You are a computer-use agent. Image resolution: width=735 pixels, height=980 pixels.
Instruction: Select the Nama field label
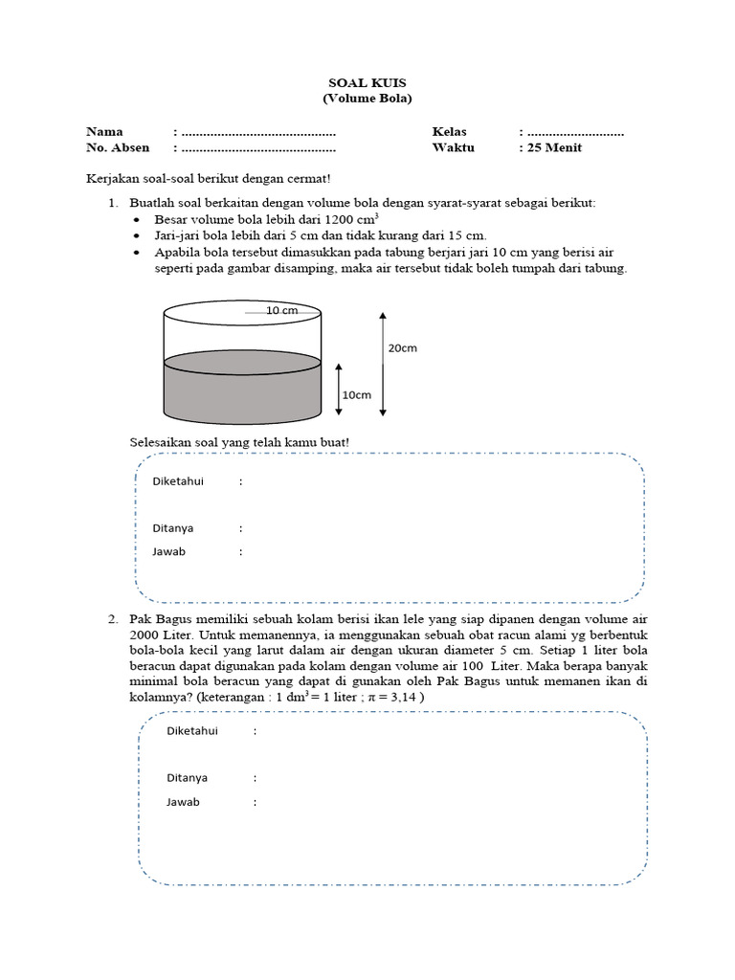click(x=105, y=131)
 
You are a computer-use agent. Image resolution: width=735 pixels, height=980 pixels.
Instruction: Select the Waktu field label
click(x=453, y=147)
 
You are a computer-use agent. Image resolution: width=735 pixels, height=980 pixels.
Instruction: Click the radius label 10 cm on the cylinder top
click(x=281, y=311)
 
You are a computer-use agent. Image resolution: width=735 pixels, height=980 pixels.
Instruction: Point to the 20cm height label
click(x=402, y=348)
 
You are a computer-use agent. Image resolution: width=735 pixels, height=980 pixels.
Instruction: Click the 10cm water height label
click(x=357, y=395)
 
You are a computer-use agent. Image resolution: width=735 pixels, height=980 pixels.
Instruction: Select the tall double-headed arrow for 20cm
click(x=383, y=364)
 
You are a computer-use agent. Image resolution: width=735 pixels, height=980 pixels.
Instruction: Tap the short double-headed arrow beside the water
click(x=339, y=389)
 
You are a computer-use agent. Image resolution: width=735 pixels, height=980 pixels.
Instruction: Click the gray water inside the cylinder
click(x=244, y=392)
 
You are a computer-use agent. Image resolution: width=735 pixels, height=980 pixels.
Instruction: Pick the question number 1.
click(x=112, y=203)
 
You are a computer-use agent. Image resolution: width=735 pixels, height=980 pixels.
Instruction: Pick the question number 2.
click(x=112, y=620)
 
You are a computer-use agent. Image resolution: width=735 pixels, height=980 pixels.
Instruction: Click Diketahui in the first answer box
click(x=178, y=480)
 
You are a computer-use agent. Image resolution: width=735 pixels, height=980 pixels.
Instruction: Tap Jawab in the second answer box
click(x=183, y=802)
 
